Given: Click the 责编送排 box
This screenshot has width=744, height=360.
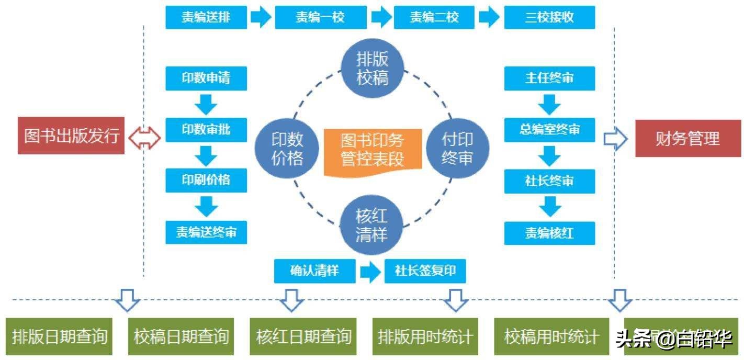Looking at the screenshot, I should (x=206, y=17).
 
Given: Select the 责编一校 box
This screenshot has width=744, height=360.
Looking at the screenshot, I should (x=320, y=17).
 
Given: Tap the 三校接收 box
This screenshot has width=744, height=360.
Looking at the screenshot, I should (x=549, y=17).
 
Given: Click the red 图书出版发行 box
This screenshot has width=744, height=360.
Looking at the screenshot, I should (x=71, y=136).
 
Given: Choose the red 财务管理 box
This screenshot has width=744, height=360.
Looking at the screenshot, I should (x=687, y=138).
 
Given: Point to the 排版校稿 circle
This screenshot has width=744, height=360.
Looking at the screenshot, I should (x=372, y=68).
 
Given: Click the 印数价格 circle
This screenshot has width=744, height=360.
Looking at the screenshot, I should (x=287, y=148).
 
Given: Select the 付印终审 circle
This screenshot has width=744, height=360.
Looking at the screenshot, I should (x=457, y=148).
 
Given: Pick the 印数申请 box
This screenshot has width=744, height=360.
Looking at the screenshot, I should (x=206, y=78).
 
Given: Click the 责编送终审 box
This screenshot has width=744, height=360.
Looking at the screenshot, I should (x=206, y=232).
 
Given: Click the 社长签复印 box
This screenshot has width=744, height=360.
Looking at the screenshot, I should (x=425, y=271).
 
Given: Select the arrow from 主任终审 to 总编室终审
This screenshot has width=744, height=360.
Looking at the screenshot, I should (x=549, y=104).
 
